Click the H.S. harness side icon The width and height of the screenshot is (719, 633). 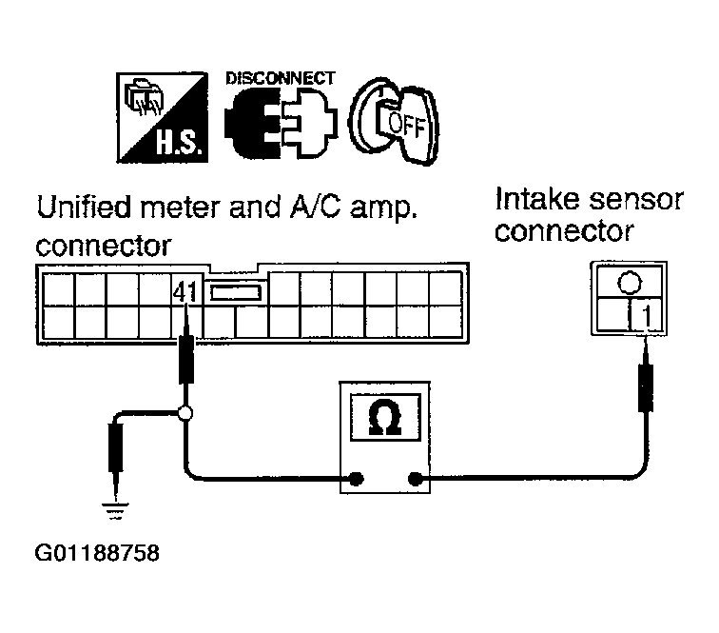click(x=162, y=117)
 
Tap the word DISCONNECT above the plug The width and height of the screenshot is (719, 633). click(x=281, y=78)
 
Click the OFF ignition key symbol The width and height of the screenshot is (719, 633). click(x=394, y=121)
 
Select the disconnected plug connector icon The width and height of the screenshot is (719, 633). click(x=281, y=123)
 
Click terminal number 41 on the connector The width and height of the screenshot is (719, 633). click(x=185, y=292)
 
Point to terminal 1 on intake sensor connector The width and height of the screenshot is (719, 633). click(x=646, y=316)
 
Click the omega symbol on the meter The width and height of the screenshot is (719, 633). click(x=385, y=417)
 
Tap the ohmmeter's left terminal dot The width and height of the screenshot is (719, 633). click(x=356, y=479)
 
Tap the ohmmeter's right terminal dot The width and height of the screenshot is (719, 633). click(x=415, y=479)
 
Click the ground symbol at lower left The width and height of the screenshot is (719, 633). click(x=115, y=511)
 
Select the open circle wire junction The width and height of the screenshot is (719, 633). click(x=185, y=413)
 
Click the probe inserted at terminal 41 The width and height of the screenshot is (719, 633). click(x=185, y=348)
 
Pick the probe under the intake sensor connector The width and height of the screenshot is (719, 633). click(x=646, y=375)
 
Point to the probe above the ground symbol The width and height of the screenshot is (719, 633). click(x=116, y=459)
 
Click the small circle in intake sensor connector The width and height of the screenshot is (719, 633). click(x=630, y=283)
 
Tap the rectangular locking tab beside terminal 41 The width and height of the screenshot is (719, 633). click(x=236, y=292)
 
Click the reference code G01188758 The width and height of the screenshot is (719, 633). click(x=97, y=553)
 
